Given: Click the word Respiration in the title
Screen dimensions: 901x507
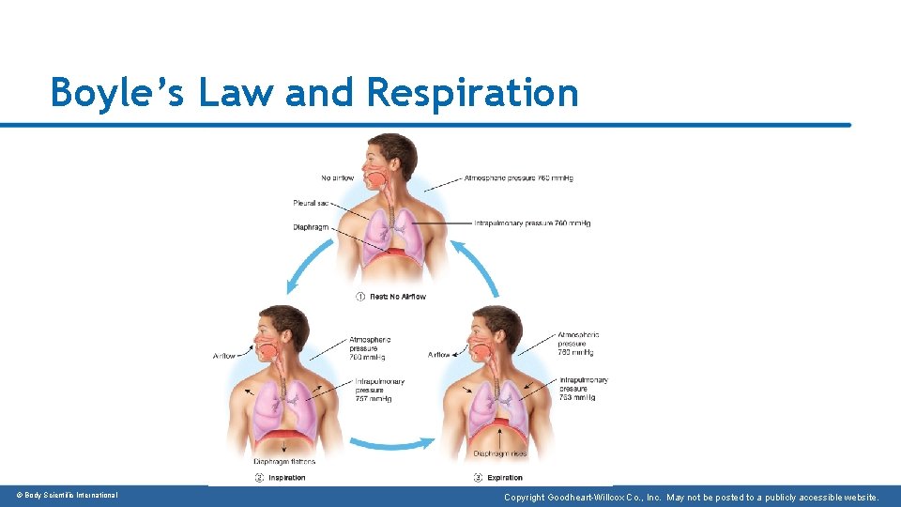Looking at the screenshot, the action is point(473,93).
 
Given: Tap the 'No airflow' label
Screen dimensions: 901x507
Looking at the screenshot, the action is point(337,177).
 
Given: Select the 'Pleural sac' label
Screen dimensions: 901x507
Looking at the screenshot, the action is point(311,203).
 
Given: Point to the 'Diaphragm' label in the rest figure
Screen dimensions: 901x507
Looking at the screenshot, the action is point(311,226).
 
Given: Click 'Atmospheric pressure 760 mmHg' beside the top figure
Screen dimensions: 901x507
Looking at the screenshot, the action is point(519,177).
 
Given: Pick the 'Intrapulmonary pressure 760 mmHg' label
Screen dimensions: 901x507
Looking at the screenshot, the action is point(532,223).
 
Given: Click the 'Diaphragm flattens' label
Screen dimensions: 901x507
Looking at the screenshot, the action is point(284,462).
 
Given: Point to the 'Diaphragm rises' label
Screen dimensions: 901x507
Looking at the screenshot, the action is point(500,453).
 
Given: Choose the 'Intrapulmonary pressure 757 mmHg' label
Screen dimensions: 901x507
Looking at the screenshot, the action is point(379,390).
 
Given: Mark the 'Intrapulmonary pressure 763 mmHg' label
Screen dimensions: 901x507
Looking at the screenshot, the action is point(583,389).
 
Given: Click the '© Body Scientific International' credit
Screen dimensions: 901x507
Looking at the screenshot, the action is point(67,495).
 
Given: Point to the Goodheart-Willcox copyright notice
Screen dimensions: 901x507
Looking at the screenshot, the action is point(691,497).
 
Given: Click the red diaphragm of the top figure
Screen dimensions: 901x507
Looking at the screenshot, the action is point(393,253).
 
